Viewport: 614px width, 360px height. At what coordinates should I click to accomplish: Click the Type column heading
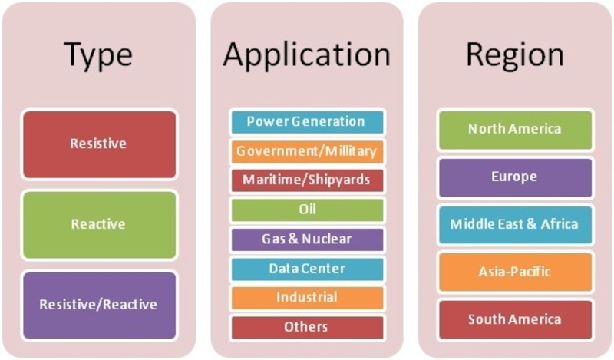(x=98, y=54)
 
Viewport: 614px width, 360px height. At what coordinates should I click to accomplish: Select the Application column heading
(x=306, y=54)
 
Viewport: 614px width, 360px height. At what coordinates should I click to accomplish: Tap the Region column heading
(x=514, y=54)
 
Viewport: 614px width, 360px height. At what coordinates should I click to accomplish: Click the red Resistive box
(x=100, y=144)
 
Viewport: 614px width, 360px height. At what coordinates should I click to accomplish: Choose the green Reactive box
(x=100, y=225)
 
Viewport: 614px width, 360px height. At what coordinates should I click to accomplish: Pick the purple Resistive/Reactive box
(x=100, y=306)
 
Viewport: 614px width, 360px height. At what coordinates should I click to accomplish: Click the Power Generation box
(x=308, y=122)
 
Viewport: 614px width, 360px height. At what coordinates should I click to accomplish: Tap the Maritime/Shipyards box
(x=308, y=180)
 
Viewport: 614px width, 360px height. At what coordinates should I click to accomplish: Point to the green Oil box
(x=308, y=210)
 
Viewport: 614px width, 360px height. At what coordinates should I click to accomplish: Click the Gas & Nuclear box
(x=308, y=239)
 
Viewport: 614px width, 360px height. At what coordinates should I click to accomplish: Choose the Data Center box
(x=308, y=269)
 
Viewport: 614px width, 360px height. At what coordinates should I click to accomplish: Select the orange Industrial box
(x=308, y=298)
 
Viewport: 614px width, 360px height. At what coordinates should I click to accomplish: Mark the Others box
(x=308, y=328)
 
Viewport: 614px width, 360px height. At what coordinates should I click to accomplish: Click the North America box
(x=515, y=130)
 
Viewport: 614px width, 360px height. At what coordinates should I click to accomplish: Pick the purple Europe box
(x=515, y=177)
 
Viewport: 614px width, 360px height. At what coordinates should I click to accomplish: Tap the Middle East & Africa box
(x=515, y=225)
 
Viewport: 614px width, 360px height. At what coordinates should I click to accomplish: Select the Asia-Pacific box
(x=515, y=272)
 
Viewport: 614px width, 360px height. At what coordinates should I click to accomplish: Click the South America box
(x=515, y=319)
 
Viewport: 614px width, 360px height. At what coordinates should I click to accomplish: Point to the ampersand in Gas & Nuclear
(x=293, y=239)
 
